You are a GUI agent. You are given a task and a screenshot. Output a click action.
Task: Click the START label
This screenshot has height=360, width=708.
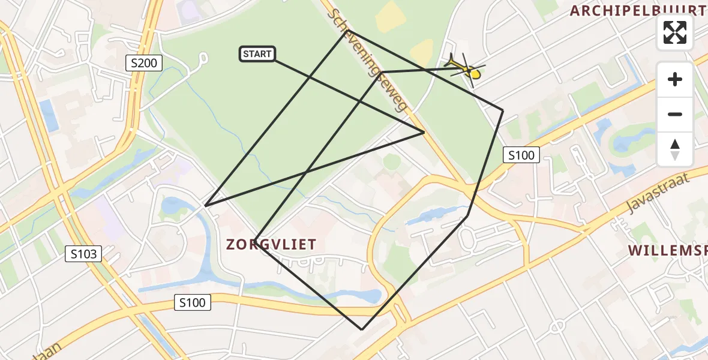(257, 54)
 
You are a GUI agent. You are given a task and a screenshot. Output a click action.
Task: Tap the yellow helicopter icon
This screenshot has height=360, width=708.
(466, 69)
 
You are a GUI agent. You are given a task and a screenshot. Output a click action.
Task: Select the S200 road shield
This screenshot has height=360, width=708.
(144, 62)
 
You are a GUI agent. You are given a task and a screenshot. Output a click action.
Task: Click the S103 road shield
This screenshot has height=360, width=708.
(83, 254)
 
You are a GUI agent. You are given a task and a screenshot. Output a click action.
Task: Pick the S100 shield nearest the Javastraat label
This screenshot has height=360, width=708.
(521, 155)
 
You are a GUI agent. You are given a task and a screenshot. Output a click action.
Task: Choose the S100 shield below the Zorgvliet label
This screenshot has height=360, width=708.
(193, 303)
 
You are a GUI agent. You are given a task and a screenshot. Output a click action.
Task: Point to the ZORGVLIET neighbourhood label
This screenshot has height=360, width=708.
(271, 244)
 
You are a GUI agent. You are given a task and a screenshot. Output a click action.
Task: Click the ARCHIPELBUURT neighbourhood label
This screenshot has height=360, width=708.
(638, 10)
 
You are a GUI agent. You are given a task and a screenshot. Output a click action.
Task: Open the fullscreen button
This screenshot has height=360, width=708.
(675, 32)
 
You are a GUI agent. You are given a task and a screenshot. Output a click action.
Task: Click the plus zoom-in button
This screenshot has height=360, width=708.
(675, 79)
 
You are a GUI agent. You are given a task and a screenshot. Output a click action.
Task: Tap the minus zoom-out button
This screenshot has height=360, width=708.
(675, 114)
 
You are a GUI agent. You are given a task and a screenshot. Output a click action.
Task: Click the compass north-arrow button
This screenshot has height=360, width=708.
(675, 149)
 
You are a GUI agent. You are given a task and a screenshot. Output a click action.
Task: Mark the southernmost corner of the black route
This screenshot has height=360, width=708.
(362, 329)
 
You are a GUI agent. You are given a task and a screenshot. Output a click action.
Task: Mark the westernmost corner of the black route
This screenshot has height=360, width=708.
(205, 206)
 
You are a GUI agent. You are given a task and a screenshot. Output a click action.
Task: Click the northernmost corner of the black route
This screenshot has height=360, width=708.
(347, 31)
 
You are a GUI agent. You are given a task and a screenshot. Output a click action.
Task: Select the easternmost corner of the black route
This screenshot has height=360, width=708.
(503, 110)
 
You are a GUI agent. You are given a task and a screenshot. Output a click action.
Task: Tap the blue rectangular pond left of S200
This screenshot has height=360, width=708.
(48, 115)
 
